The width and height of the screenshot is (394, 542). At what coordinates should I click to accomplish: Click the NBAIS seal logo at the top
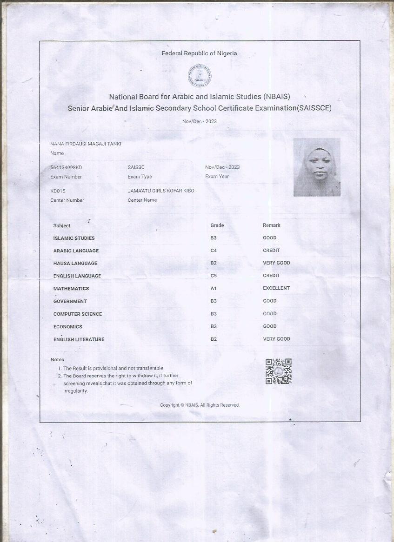tap(200, 76)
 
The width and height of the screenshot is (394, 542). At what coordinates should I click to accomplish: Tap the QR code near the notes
tap(278, 371)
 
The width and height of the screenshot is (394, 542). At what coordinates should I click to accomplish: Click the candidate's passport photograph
tap(317, 167)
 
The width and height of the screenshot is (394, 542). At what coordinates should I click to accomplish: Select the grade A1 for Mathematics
tap(214, 288)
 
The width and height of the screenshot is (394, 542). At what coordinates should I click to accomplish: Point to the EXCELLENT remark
tap(276, 288)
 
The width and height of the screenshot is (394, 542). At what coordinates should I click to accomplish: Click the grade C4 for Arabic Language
tap(214, 251)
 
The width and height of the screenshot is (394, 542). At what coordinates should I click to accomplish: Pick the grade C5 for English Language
tap(214, 276)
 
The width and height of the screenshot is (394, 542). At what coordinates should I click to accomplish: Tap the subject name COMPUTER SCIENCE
tap(77, 314)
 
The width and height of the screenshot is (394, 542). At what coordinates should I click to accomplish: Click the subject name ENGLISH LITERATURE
tap(79, 339)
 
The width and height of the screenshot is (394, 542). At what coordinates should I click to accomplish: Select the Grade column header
tap(217, 225)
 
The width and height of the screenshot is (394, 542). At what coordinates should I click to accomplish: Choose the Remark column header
tap(272, 225)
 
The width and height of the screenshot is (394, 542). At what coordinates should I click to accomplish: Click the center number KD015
tap(58, 191)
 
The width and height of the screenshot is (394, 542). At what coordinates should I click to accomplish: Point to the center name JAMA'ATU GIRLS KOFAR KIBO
tap(161, 191)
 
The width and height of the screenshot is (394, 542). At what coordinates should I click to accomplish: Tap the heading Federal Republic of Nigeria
tap(199, 53)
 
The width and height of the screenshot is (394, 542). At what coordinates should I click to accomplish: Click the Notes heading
tap(57, 360)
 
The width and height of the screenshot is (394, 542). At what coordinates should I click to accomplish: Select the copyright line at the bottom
tap(200, 405)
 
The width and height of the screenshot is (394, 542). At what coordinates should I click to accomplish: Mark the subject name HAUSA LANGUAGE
tap(76, 263)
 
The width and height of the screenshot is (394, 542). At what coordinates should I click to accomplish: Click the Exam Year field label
tap(217, 177)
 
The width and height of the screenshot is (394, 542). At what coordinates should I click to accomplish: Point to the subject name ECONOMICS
tap(67, 327)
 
